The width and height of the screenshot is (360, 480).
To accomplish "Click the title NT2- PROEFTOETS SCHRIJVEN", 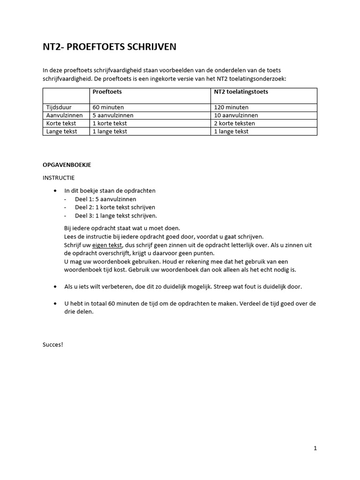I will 110,47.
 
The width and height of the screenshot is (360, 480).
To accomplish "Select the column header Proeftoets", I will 107,92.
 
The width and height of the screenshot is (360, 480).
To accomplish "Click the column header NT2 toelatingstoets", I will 241,92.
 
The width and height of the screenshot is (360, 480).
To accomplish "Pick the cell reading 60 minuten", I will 108,107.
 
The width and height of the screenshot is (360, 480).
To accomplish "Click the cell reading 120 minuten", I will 231,107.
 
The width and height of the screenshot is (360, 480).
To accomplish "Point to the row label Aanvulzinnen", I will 64,115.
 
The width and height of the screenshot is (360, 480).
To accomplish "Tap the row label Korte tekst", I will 61,123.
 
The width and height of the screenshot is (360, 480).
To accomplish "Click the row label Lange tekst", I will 61,131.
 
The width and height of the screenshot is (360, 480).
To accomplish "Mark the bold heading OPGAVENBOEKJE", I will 67,165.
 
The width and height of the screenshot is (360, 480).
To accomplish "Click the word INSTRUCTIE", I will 58,178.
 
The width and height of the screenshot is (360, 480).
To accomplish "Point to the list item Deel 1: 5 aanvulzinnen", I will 105,199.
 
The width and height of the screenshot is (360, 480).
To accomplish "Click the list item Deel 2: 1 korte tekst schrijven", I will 115,207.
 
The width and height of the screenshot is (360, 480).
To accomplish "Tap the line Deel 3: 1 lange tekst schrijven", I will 116,216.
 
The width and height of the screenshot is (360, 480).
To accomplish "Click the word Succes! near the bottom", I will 52,345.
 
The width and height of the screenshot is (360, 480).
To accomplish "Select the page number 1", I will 315,448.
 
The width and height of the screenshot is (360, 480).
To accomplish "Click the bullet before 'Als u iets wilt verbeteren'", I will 56,286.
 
